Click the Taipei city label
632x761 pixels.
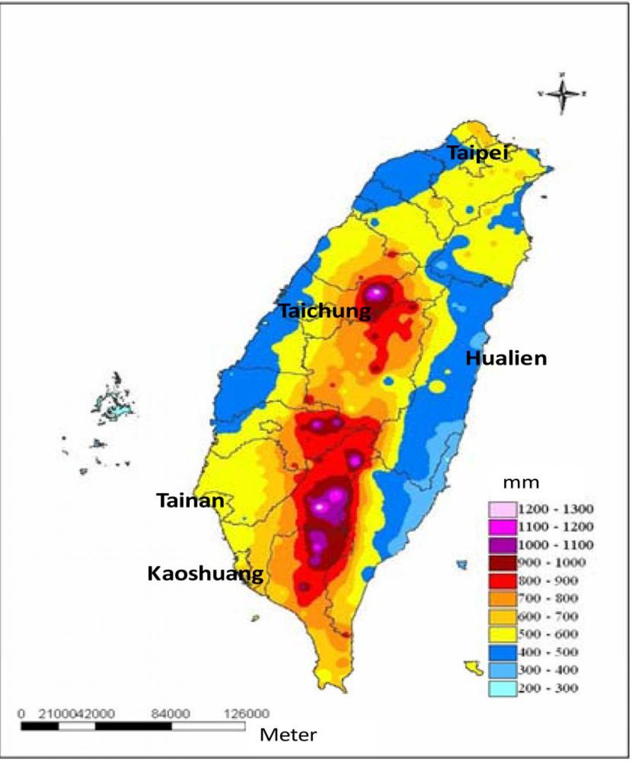coord(478,153)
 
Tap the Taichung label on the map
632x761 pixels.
coord(324,311)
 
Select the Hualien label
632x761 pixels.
coord(506,359)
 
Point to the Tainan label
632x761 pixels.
coord(190,500)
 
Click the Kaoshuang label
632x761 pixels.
coord(205,573)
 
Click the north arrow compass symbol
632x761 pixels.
coord(562,93)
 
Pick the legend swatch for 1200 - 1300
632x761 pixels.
coord(502,509)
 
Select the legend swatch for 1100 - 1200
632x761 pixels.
coord(502,527)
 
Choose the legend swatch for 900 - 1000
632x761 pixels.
coord(502,563)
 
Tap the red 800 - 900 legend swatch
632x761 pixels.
coord(502,581)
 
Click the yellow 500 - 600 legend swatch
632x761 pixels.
coord(502,635)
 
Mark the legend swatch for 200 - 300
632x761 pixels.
coord(502,688)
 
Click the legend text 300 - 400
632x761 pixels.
coord(548,670)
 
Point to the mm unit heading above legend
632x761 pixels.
coord(521,482)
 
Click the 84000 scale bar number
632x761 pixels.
coord(171,714)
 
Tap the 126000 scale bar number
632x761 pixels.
coord(246,714)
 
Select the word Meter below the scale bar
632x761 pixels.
coord(288,735)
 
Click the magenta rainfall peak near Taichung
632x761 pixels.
coord(376,292)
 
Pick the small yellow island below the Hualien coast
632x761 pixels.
coord(473,667)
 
